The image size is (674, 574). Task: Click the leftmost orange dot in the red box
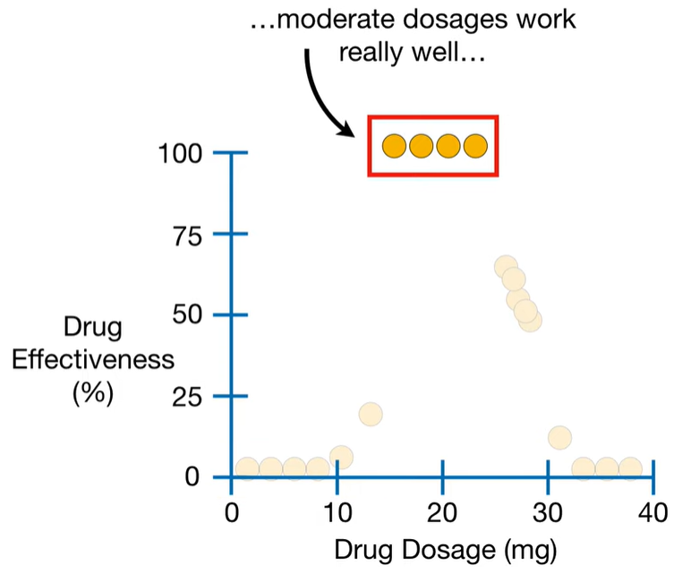[394, 145]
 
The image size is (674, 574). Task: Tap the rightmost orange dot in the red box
[475, 145]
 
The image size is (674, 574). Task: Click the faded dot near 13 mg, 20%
[371, 415]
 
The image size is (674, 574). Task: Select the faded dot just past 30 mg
[560, 438]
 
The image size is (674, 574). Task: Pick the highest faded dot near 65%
[506, 267]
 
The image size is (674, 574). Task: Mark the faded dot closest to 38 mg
[630, 468]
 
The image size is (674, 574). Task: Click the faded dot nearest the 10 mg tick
[341, 457]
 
